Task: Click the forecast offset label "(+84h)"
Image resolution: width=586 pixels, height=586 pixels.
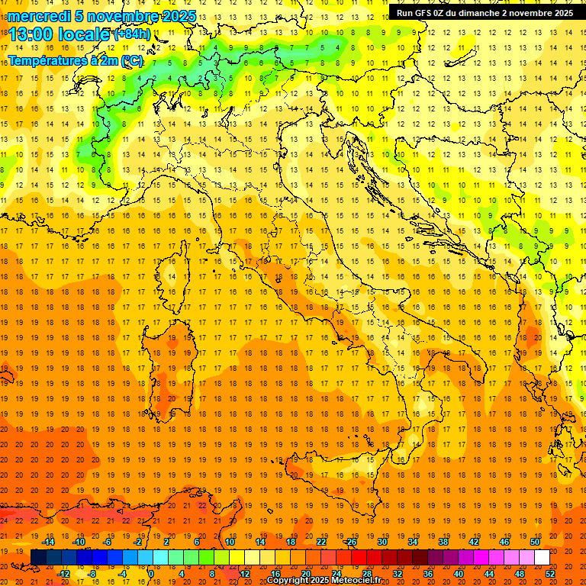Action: point(132,34)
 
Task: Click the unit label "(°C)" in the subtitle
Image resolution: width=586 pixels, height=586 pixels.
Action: point(130,60)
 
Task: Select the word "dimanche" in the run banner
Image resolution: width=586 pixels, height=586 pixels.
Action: point(478,13)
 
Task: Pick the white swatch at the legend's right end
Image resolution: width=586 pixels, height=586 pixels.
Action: point(542,558)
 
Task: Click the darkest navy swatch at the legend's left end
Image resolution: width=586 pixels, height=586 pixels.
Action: point(38,558)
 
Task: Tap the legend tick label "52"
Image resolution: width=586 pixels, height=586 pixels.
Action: point(551,574)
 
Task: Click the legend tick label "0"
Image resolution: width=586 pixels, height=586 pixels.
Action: point(152,574)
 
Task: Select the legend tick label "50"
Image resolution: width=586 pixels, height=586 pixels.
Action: point(536,542)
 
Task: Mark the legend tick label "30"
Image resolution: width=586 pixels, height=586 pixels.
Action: point(382,542)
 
